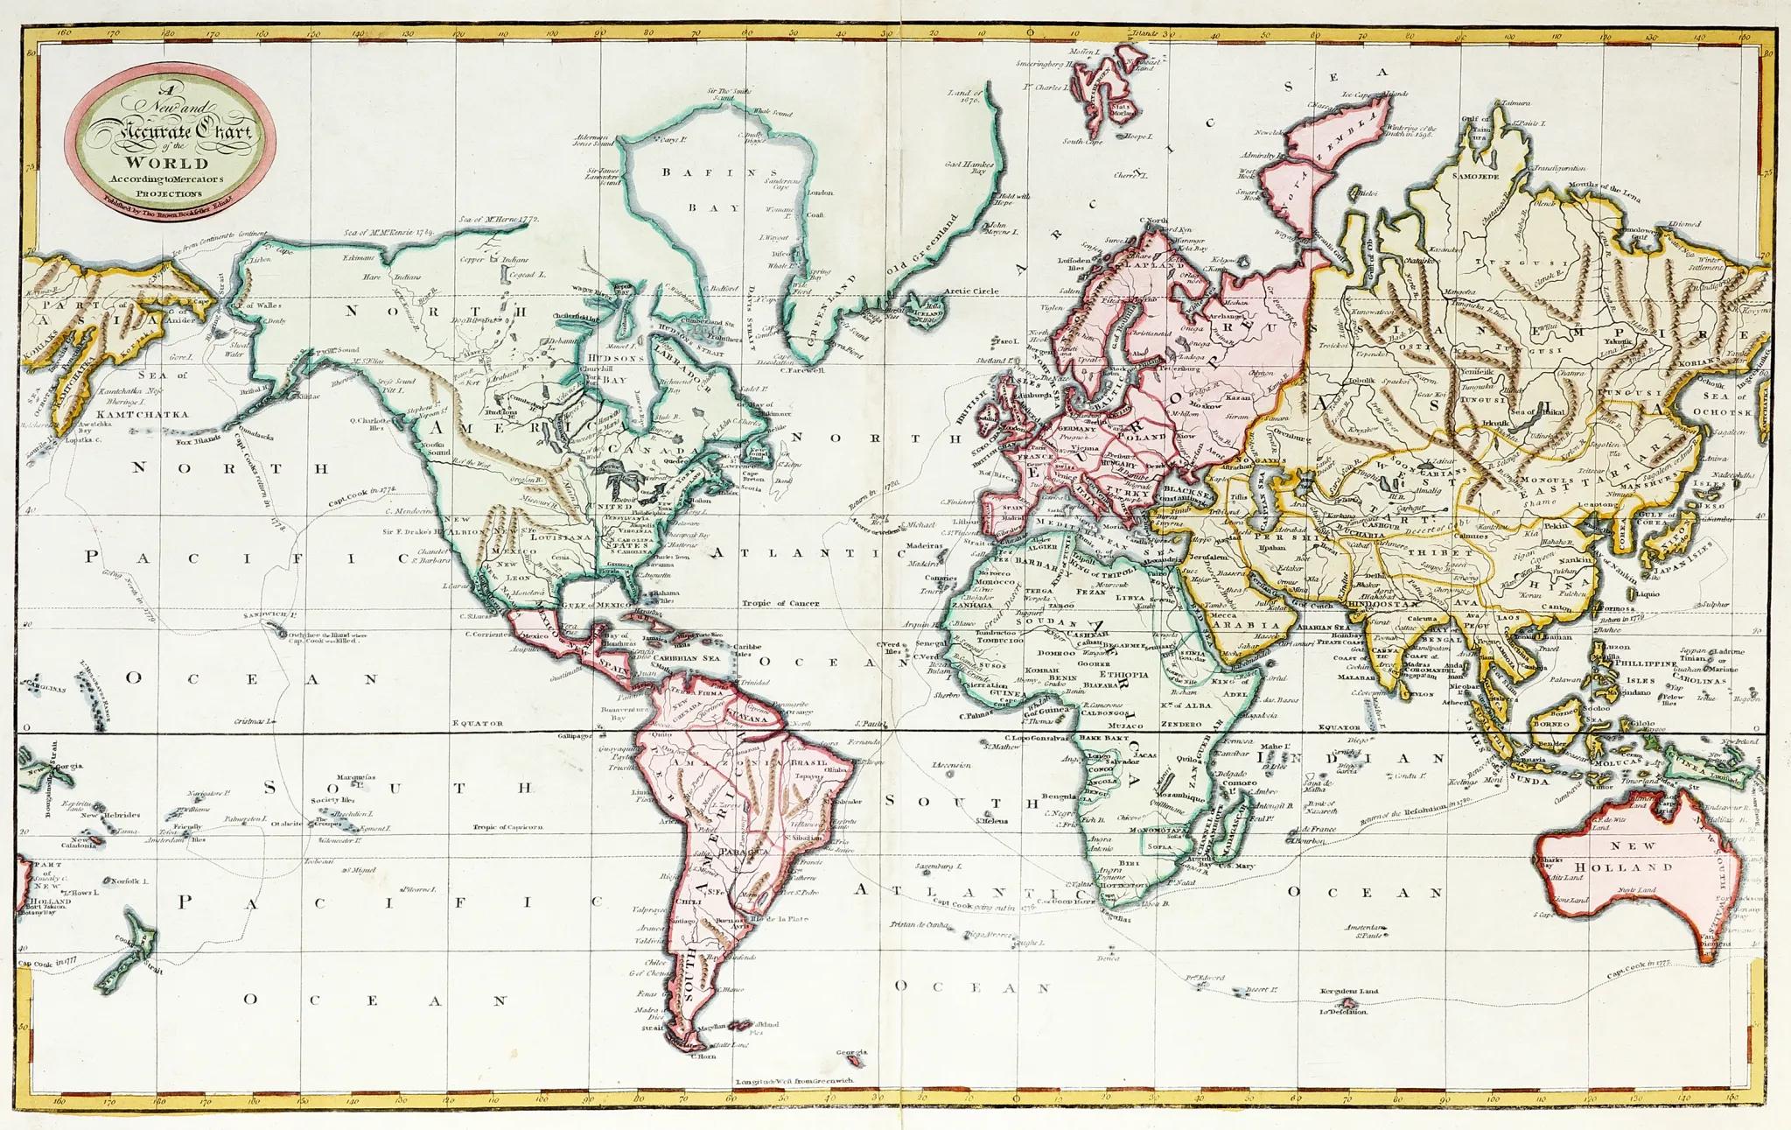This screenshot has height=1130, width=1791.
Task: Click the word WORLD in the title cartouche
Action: coord(166,163)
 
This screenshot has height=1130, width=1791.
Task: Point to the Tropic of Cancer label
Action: coord(780,603)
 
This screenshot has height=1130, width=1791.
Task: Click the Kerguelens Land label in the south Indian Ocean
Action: coord(1348,992)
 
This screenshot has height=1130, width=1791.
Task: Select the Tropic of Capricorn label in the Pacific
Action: coord(508,826)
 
